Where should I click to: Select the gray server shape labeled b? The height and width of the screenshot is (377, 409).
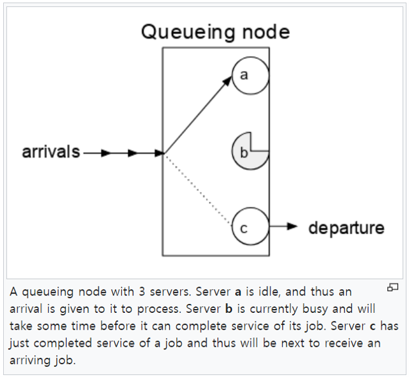pyautogui.click(x=247, y=153)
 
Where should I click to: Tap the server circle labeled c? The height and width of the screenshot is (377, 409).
pyautogui.click(x=249, y=226)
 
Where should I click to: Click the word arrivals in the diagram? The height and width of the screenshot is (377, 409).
pyautogui.click(x=51, y=153)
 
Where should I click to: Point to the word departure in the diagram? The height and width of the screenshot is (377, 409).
pyautogui.click(x=346, y=228)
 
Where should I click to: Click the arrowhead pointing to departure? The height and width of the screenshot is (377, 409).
pyautogui.click(x=293, y=226)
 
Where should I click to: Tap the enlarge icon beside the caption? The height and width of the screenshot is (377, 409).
pyautogui.click(x=393, y=288)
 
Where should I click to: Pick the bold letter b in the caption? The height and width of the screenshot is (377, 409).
pyautogui.click(x=226, y=309)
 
